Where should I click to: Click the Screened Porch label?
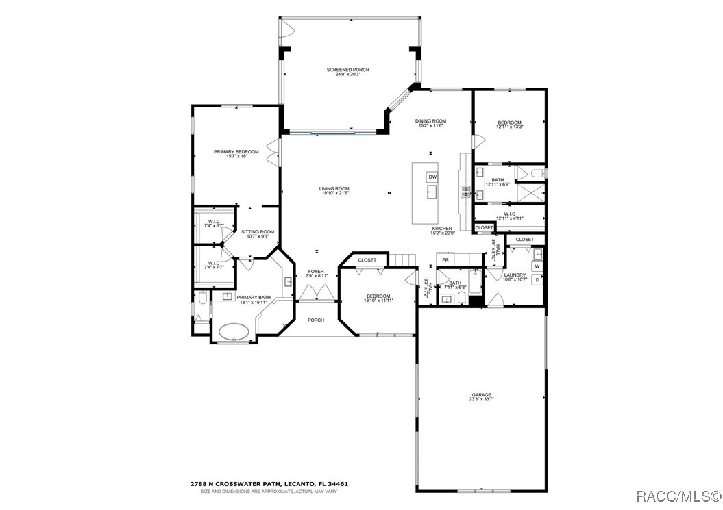pyautogui.click(x=347, y=70)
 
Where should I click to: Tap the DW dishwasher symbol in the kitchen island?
pyautogui.click(x=432, y=177)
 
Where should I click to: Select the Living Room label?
pyautogui.click(x=334, y=189)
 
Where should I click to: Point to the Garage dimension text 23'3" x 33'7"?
pyautogui.click(x=481, y=399)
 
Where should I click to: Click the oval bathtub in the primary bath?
pyautogui.click(x=234, y=331)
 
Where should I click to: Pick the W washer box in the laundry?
pyautogui.click(x=537, y=266)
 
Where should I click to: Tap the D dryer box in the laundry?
pyautogui.click(x=537, y=279)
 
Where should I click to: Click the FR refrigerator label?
pyautogui.click(x=445, y=260)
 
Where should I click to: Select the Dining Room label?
pyautogui.click(x=430, y=121)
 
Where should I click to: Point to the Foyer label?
pyautogui.click(x=315, y=271)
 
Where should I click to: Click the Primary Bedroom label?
pyautogui.click(x=236, y=151)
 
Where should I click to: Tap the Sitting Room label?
pyautogui.click(x=257, y=232)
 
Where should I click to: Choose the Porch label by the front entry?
pyautogui.click(x=315, y=320)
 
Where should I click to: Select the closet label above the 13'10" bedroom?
pyautogui.click(x=367, y=260)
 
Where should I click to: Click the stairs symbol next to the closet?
pyautogui.click(x=403, y=259)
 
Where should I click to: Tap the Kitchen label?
pyautogui.click(x=441, y=228)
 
